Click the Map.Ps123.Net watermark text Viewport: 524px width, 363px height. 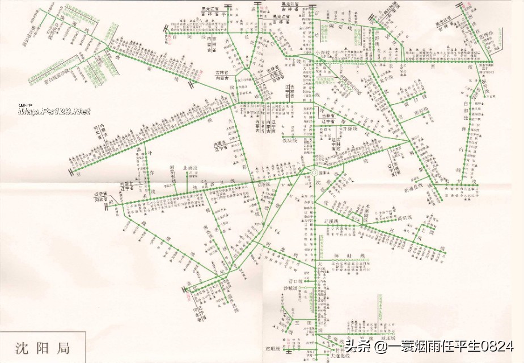[54, 111]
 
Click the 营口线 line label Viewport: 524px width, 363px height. [295, 280]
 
